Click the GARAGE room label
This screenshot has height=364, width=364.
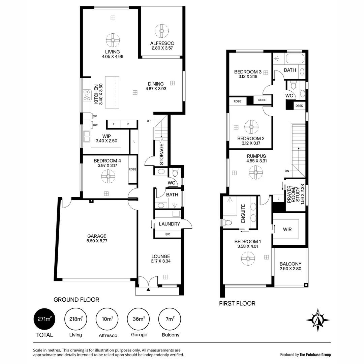[97, 236]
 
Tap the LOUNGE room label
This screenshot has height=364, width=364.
[160, 256]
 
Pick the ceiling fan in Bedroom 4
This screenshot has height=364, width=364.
[109, 176]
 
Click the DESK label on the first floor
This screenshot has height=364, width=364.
[299, 106]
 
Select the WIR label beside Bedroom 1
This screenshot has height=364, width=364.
[287, 229]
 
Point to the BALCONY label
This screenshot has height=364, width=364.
[290, 264]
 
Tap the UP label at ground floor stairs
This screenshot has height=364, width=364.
[149, 121]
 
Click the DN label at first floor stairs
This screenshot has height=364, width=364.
[287, 171]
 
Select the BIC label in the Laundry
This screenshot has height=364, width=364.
[168, 234]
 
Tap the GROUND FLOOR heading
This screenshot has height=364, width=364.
[77, 300]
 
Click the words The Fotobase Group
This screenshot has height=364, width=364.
[315, 355]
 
